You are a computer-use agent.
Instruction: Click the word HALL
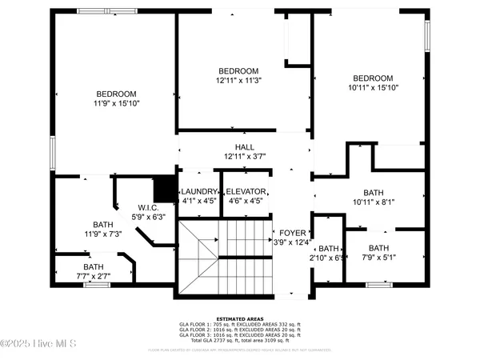(244, 147)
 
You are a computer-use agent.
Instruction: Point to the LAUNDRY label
(199, 192)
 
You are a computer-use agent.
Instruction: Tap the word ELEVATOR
(246, 192)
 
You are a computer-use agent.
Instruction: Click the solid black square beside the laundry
(164, 190)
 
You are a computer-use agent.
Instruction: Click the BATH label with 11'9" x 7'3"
(103, 225)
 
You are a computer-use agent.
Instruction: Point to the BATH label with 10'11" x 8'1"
(374, 193)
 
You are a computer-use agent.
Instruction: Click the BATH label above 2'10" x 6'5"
(329, 249)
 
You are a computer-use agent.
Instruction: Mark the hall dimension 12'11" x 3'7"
(244, 157)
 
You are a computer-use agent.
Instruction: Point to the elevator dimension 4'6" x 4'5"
(246, 202)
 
